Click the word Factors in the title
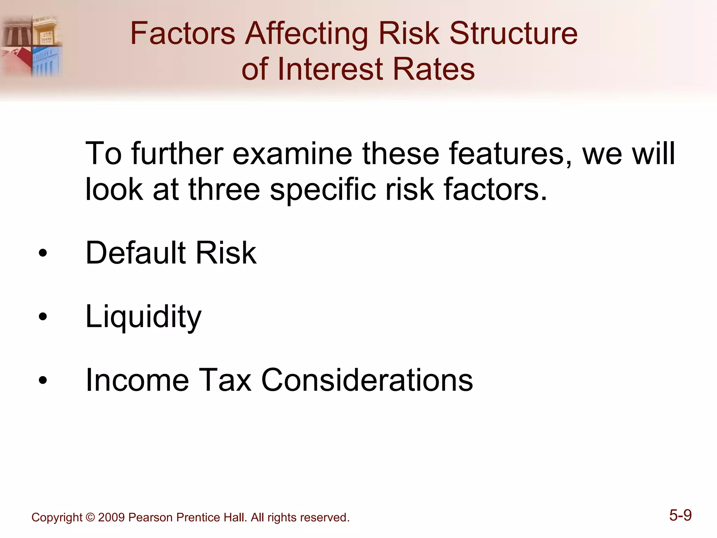[x=182, y=34]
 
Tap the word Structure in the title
[x=513, y=34]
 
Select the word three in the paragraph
[x=224, y=189]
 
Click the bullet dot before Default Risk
[x=43, y=254]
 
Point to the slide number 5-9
[x=680, y=515]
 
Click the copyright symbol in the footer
[x=90, y=518]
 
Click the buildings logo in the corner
[x=32, y=46]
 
